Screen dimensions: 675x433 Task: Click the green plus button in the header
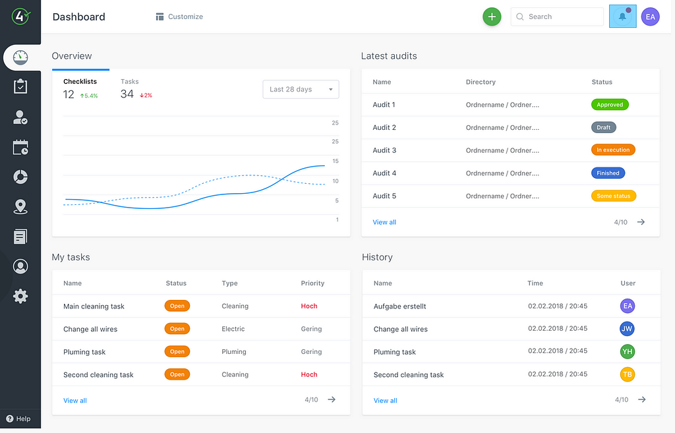tap(492, 16)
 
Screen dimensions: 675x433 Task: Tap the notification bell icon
tap(622, 16)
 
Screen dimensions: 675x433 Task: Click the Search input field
tap(557, 16)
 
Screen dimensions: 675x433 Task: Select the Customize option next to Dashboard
tap(179, 16)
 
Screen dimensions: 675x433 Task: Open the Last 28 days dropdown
tap(301, 89)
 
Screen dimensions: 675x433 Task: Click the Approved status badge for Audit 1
tap(610, 105)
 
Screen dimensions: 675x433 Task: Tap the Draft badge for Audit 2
tap(604, 127)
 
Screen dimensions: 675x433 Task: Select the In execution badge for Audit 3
tap(613, 150)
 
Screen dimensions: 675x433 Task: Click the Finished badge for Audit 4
tap(608, 173)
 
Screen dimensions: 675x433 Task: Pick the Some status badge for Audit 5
tap(614, 196)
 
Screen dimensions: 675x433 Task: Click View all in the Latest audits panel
tap(384, 222)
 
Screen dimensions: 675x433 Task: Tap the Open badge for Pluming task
tap(177, 352)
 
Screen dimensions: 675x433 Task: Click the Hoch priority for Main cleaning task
tap(309, 306)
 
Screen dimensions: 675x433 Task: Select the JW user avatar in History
tap(628, 329)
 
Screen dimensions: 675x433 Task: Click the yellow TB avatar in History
tap(628, 374)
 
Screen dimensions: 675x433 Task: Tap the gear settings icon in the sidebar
tap(20, 296)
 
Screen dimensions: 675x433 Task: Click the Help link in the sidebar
tap(18, 419)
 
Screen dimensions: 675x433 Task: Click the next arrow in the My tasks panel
tap(332, 399)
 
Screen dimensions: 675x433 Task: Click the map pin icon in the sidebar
tap(20, 207)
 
